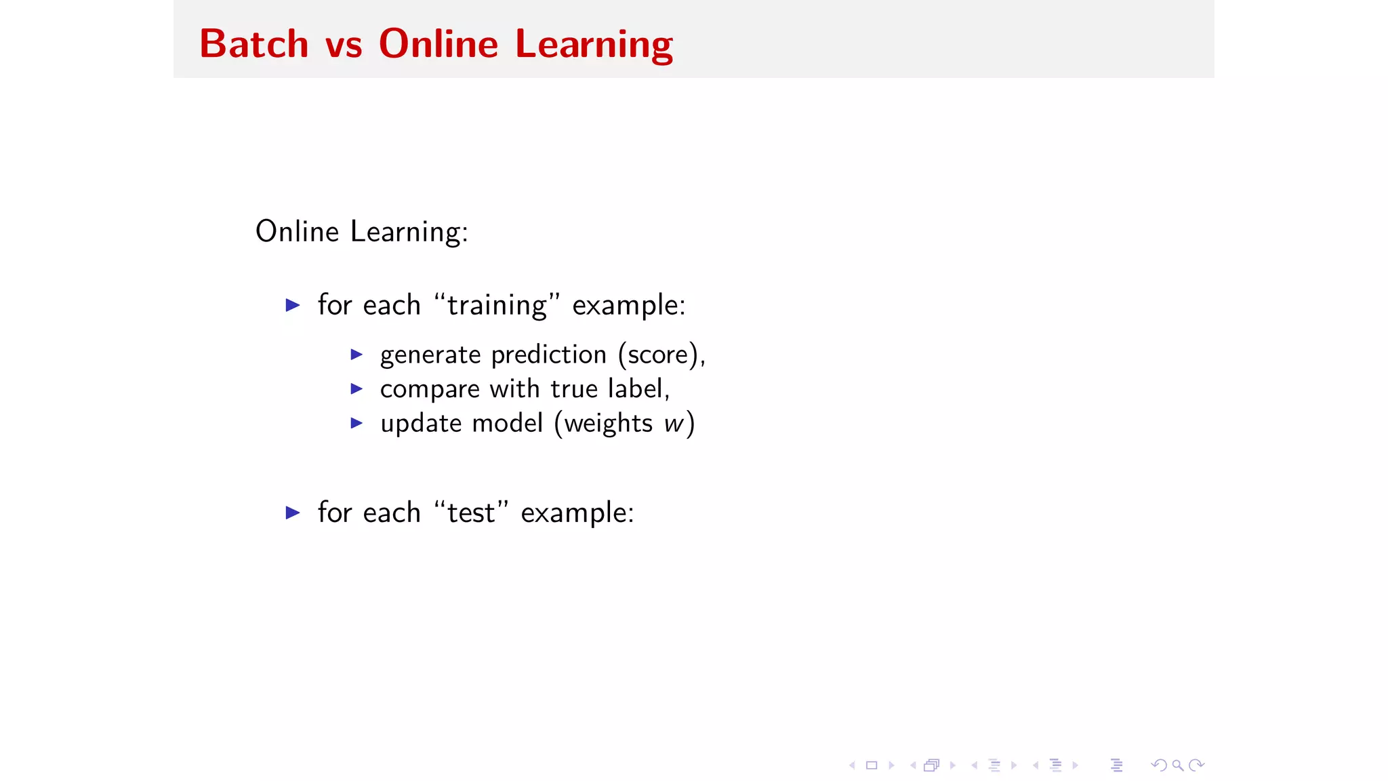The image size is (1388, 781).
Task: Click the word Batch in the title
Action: coord(254,44)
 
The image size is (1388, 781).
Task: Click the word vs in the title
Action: coord(344,45)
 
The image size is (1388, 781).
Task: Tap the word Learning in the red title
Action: coord(594,45)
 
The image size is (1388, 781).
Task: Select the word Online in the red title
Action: coord(438,44)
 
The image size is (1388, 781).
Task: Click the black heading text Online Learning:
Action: coord(361,232)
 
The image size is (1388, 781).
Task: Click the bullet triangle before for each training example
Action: coord(293,305)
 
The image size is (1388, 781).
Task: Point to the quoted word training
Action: coord(497,306)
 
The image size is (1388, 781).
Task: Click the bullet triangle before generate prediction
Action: coord(356,355)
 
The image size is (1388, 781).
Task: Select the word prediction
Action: coord(548,355)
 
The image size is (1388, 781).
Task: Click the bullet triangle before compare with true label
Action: coord(356,388)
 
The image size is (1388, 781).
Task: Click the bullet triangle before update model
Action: coord(356,423)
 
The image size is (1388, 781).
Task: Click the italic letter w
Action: coord(674,424)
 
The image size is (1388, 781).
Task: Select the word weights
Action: coord(608,424)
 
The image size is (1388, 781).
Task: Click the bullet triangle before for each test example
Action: coord(293,513)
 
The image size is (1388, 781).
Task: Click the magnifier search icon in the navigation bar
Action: coord(1178,765)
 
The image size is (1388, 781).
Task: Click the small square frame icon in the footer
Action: coord(872,765)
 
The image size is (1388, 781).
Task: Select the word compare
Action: coord(430,390)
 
